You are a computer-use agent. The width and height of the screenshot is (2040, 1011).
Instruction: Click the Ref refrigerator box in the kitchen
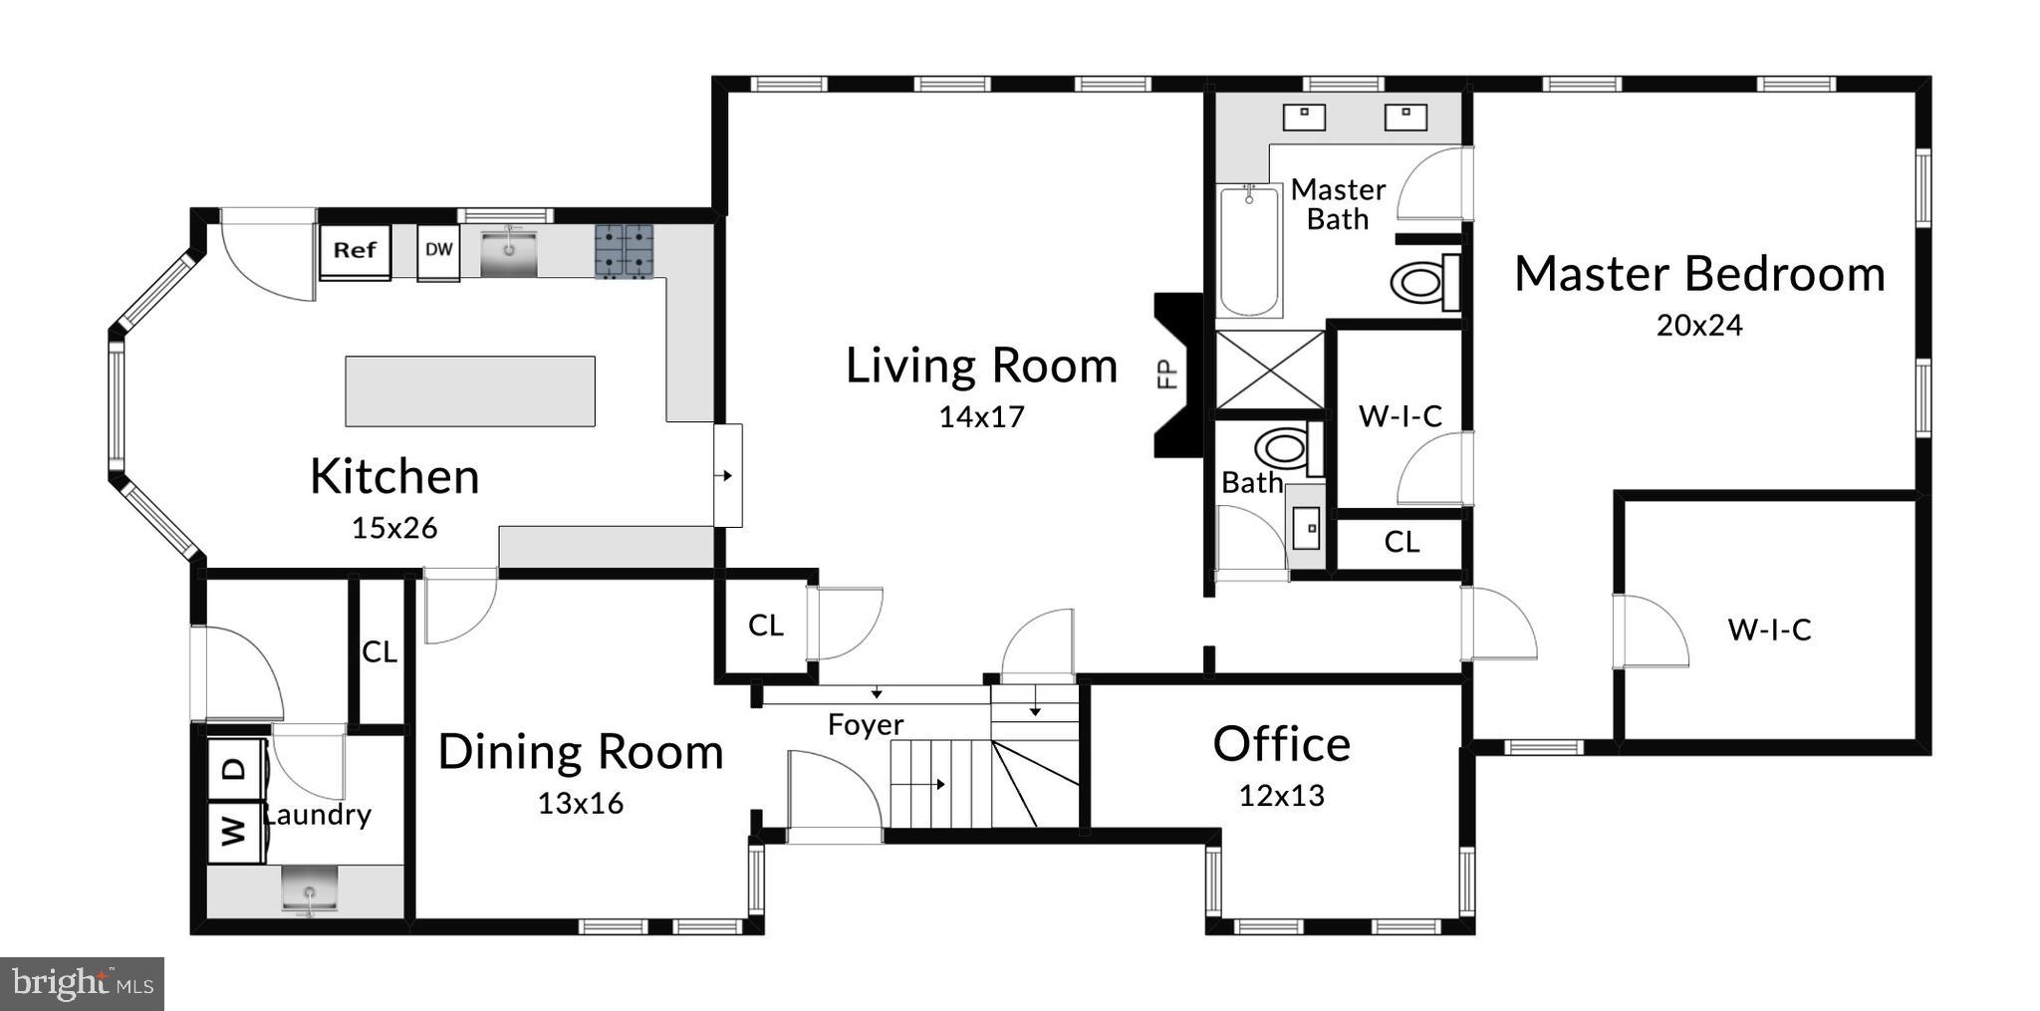pyautogui.click(x=355, y=251)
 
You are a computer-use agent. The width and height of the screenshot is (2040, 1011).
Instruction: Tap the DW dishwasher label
pyautogui.click(x=438, y=250)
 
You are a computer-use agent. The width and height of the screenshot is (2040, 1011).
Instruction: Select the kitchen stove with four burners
pyautogui.click(x=625, y=251)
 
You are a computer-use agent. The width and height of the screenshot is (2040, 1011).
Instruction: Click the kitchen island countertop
pyautogui.click(x=470, y=391)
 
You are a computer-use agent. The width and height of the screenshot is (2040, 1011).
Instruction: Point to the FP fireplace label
pyautogui.click(x=1168, y=374)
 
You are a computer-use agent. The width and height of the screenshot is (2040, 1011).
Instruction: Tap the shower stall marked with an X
pyautogui.click(x=1270, y=370)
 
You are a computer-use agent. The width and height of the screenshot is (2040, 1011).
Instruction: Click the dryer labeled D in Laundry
pyautogui.click(x=233, y=769)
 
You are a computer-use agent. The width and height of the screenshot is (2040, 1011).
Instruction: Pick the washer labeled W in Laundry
pyautogui.click(x=233, y=830)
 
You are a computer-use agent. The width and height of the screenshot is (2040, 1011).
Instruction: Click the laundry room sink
pyautogui.click(x=309, y=889)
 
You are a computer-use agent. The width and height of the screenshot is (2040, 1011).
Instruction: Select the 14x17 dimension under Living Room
pyautogui.click(x=981, y=416)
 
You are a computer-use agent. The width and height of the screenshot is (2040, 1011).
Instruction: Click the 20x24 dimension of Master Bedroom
pyautogui.click(x=1699, y=326)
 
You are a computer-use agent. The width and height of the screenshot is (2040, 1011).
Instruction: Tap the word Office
pyautogui.click(x=1281, y=744)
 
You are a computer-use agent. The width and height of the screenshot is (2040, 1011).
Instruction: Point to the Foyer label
pyautogui.click(x=866, y=724)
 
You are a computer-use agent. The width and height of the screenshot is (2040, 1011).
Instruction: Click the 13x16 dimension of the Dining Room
pyautogui.click(x=581, y=803)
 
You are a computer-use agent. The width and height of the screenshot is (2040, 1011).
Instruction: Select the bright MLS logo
pyautogui.click(x=82, y=984)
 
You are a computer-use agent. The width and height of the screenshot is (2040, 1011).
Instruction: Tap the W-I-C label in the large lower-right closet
pyautogui.click(x=1769, y=629)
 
